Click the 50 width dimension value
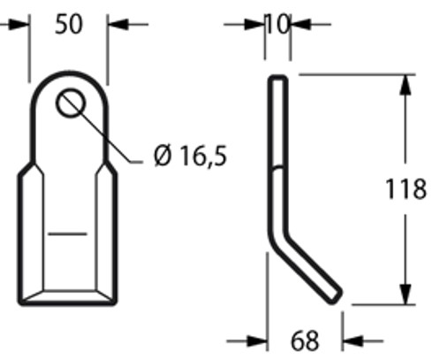[68, 24]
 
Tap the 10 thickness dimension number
[277, 24]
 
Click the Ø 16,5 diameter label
[189, 157]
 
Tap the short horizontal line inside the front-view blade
[67, 234]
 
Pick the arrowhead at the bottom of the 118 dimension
[404, 296]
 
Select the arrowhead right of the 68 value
[349, 339]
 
